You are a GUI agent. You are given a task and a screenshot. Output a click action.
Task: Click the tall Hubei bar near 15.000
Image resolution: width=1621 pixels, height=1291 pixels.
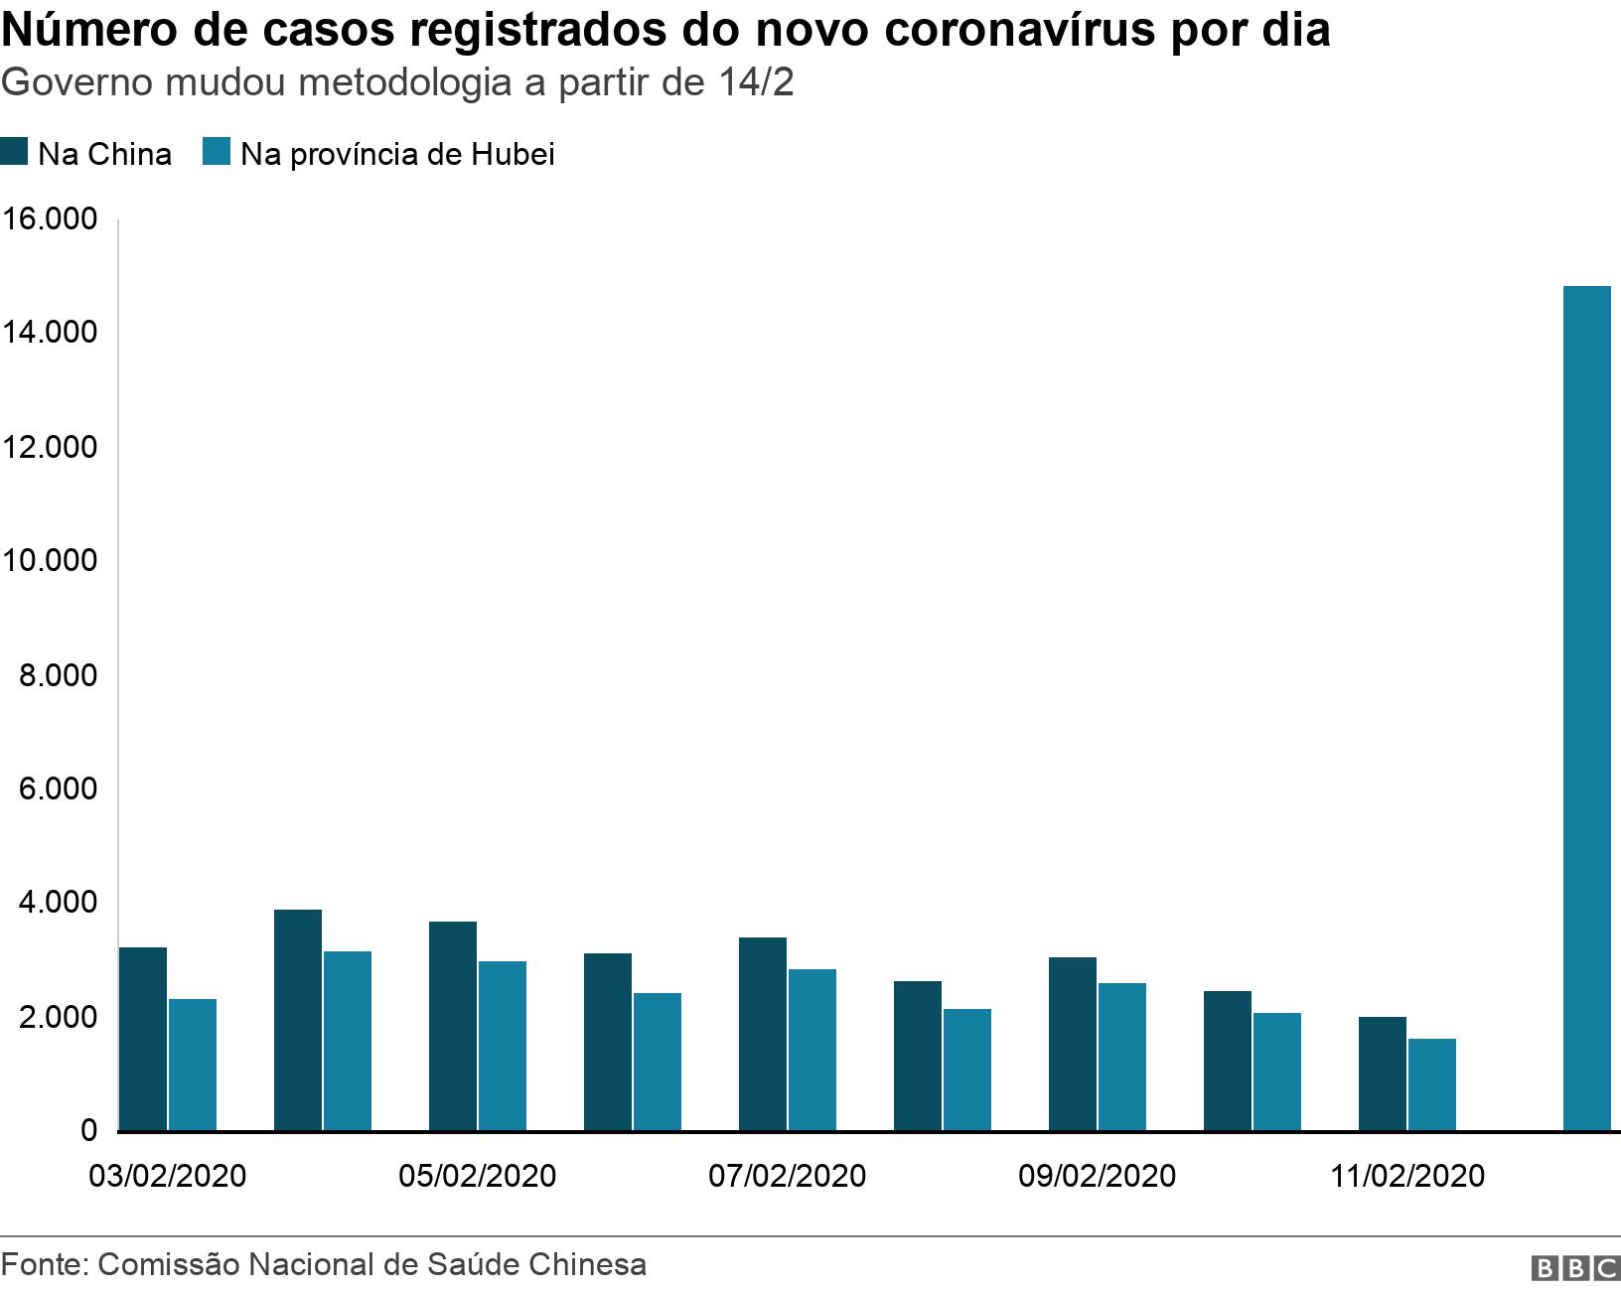[x=1586, y=708]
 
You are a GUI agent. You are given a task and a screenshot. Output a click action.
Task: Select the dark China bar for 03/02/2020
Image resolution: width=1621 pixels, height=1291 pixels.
[x=143, y=1039]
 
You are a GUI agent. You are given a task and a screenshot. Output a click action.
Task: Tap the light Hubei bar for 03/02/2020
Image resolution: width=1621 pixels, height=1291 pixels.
[x=193, y=1065]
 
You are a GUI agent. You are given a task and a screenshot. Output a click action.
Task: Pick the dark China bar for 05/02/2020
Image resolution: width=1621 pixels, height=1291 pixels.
[x=453, y=1026]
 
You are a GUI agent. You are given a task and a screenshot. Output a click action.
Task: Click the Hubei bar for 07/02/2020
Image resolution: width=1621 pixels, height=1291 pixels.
[x=812, y=1050]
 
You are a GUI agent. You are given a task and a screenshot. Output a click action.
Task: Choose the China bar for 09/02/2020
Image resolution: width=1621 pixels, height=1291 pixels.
[x=1073, y=1044]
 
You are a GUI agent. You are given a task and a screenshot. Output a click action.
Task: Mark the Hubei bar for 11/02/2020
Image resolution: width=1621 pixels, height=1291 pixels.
[x=1432, y=1084]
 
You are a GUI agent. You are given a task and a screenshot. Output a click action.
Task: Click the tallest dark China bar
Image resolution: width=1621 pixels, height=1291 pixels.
[x=298, y=1020]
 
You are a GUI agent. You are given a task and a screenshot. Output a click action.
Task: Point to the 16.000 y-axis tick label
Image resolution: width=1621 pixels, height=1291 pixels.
[x=50, y=218]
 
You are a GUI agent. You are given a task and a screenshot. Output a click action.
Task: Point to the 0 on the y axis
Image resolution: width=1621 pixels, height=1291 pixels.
[x=89, y=1131]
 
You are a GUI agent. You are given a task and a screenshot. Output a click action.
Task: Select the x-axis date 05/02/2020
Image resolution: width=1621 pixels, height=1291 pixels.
[x=477, y=1176]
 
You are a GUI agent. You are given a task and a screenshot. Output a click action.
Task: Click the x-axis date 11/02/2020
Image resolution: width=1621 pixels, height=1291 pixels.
[x=1407, y=1176]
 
